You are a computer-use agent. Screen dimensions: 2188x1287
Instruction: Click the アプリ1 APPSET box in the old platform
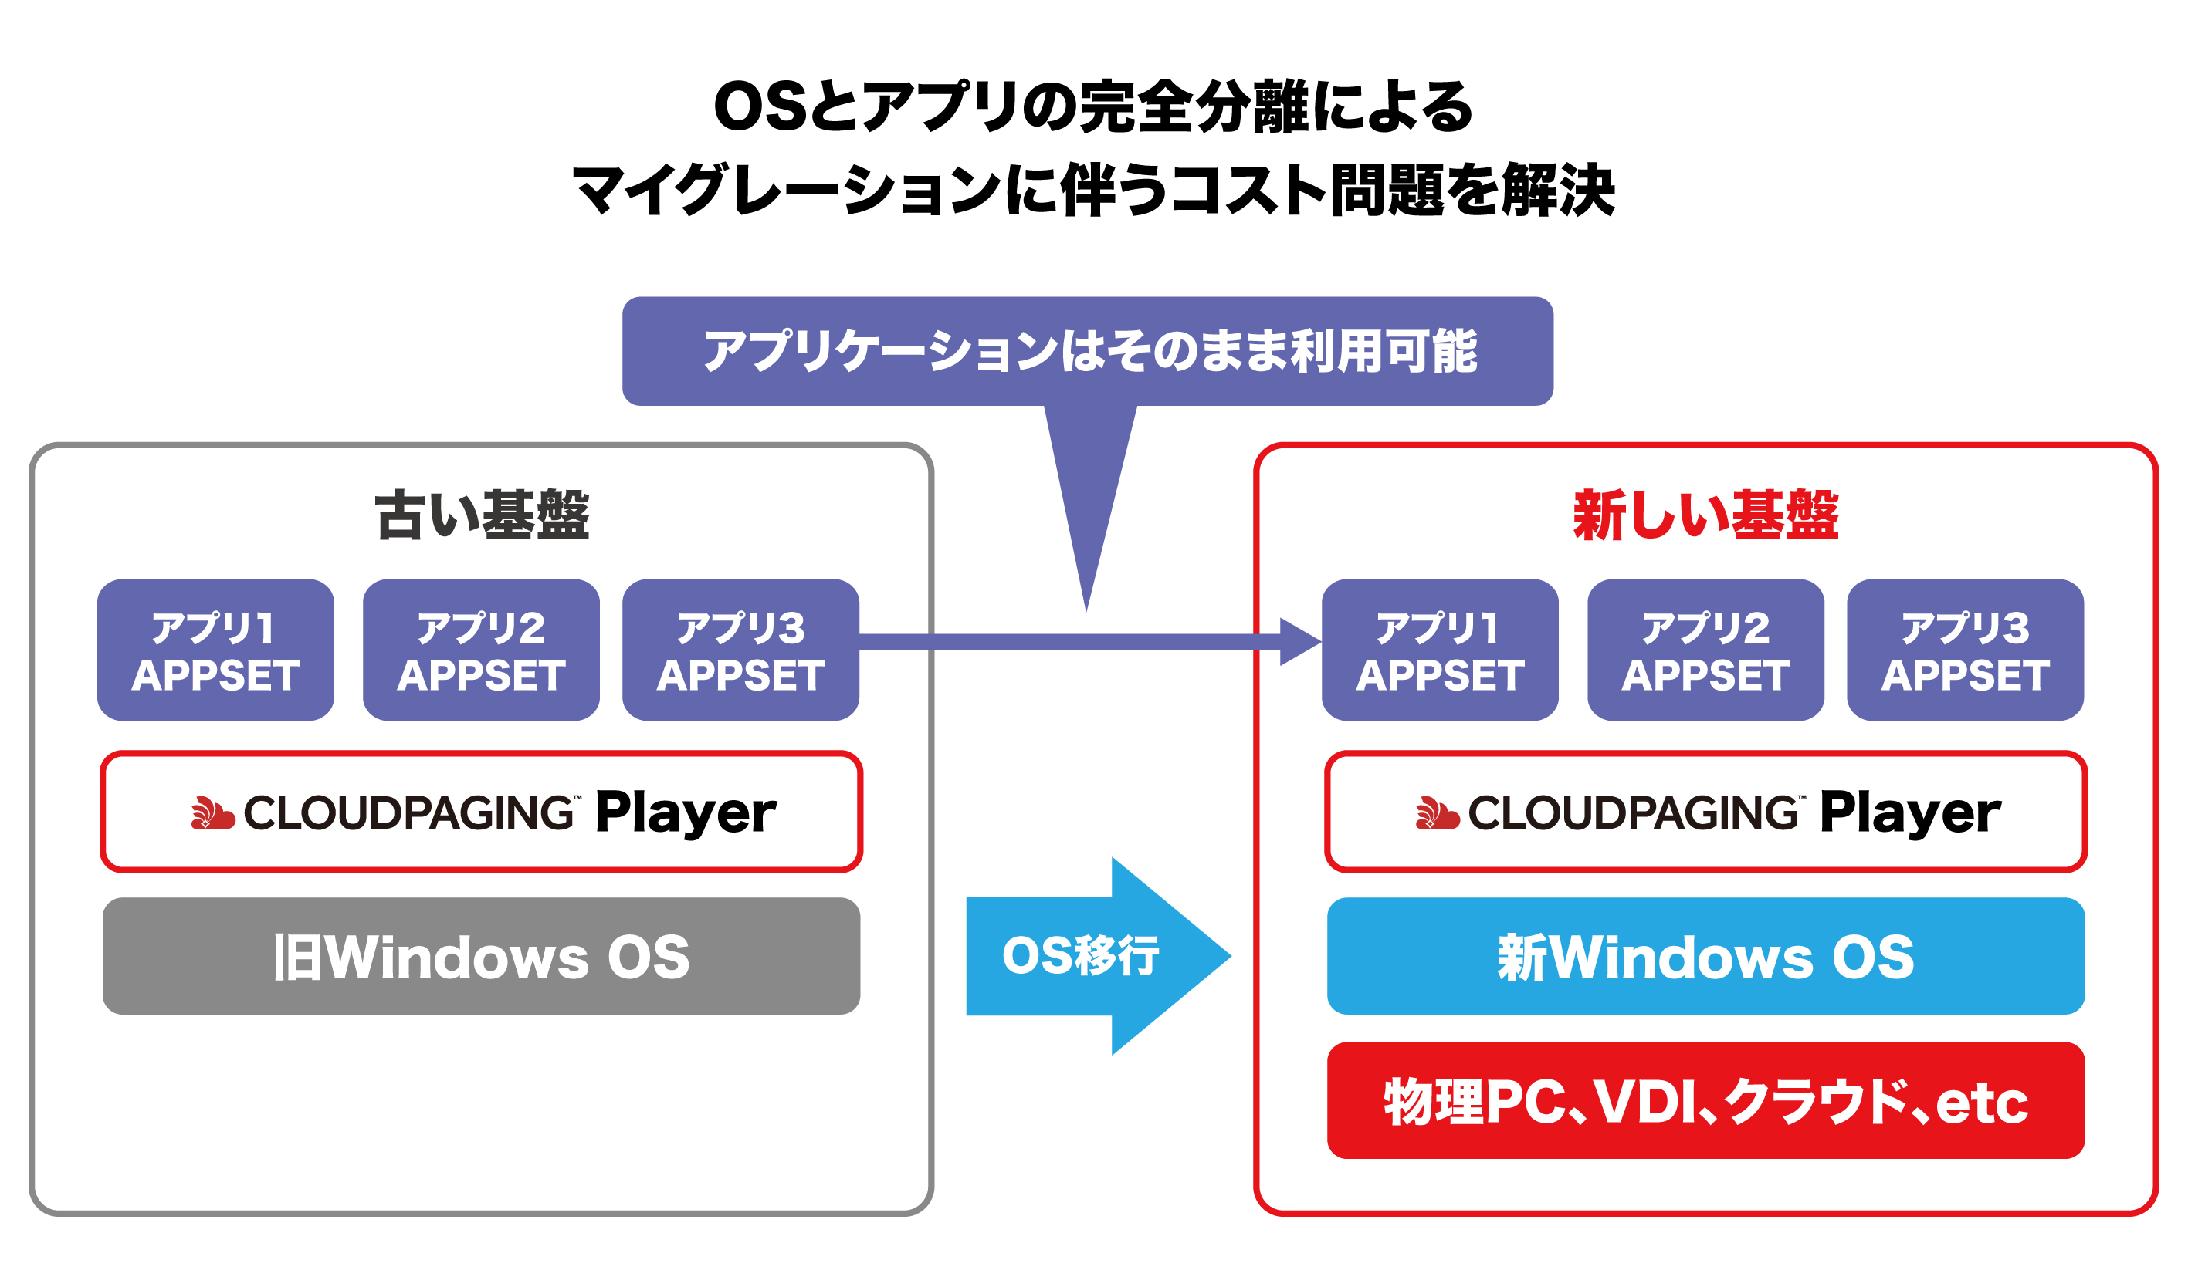click(x=215, y=650)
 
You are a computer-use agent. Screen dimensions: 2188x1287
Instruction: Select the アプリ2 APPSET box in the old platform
click(x=481, y=650)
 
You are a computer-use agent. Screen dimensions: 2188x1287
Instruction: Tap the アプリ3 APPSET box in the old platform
click(x=740, y=650)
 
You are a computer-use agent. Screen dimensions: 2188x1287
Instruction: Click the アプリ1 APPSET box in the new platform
click(x=1440, y=650)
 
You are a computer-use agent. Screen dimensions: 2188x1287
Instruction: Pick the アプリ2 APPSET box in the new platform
click(x=1705, y=650)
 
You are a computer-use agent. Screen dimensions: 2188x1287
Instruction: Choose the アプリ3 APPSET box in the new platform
click(x=1965, y=650)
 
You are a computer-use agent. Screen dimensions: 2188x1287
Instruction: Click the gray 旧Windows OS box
click(x=481, y=955)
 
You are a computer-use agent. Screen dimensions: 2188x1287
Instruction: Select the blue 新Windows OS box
click(x=1705, y=955)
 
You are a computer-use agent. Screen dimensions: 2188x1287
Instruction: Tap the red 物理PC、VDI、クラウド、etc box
click(x=1705, y=1100)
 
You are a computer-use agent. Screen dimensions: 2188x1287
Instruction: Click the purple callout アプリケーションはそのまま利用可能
click(x=1087, y=350)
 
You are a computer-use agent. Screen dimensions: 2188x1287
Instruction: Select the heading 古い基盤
click(x=482, y=515)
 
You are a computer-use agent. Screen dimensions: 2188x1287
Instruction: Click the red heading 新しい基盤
click(x=1705, y=515)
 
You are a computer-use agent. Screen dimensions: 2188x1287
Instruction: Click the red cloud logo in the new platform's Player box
click(x=1437, y=812)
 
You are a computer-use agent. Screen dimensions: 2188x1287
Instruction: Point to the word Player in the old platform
click(x=686, y=813)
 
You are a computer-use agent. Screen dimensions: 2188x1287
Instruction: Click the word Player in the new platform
click(x=1910, y=813)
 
